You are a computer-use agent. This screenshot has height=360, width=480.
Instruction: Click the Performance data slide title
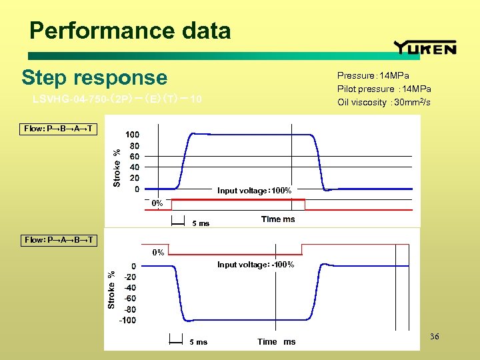(130, 31)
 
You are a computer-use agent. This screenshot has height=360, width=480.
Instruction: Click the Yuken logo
(425, 47)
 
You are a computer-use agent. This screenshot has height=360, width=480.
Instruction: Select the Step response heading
(94, 77)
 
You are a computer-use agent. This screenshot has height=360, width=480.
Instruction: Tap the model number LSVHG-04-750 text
(117, 100)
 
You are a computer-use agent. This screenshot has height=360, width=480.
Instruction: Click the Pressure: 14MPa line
(373, 76)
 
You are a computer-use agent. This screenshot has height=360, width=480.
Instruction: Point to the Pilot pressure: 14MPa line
(383, 89)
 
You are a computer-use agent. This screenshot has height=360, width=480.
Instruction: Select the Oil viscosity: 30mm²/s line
(383, 102)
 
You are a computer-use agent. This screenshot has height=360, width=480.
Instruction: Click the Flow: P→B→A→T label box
(59, 128)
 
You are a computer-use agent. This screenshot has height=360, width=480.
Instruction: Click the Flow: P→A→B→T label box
(59, 239)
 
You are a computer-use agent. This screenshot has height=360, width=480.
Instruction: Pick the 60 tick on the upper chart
(133, 156)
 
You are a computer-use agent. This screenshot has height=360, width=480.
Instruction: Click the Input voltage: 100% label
(254, 191)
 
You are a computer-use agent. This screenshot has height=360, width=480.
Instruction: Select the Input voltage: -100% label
(255, 265)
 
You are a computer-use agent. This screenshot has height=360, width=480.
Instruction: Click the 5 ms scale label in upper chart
(200, 223)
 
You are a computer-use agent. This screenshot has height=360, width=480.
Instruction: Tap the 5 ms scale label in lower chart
(198, 342)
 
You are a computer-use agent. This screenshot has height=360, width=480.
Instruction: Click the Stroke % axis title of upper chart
(117, 167)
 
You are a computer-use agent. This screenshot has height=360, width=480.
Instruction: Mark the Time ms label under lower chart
(276, 342)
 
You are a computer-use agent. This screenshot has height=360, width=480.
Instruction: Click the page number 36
(435, 337)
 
